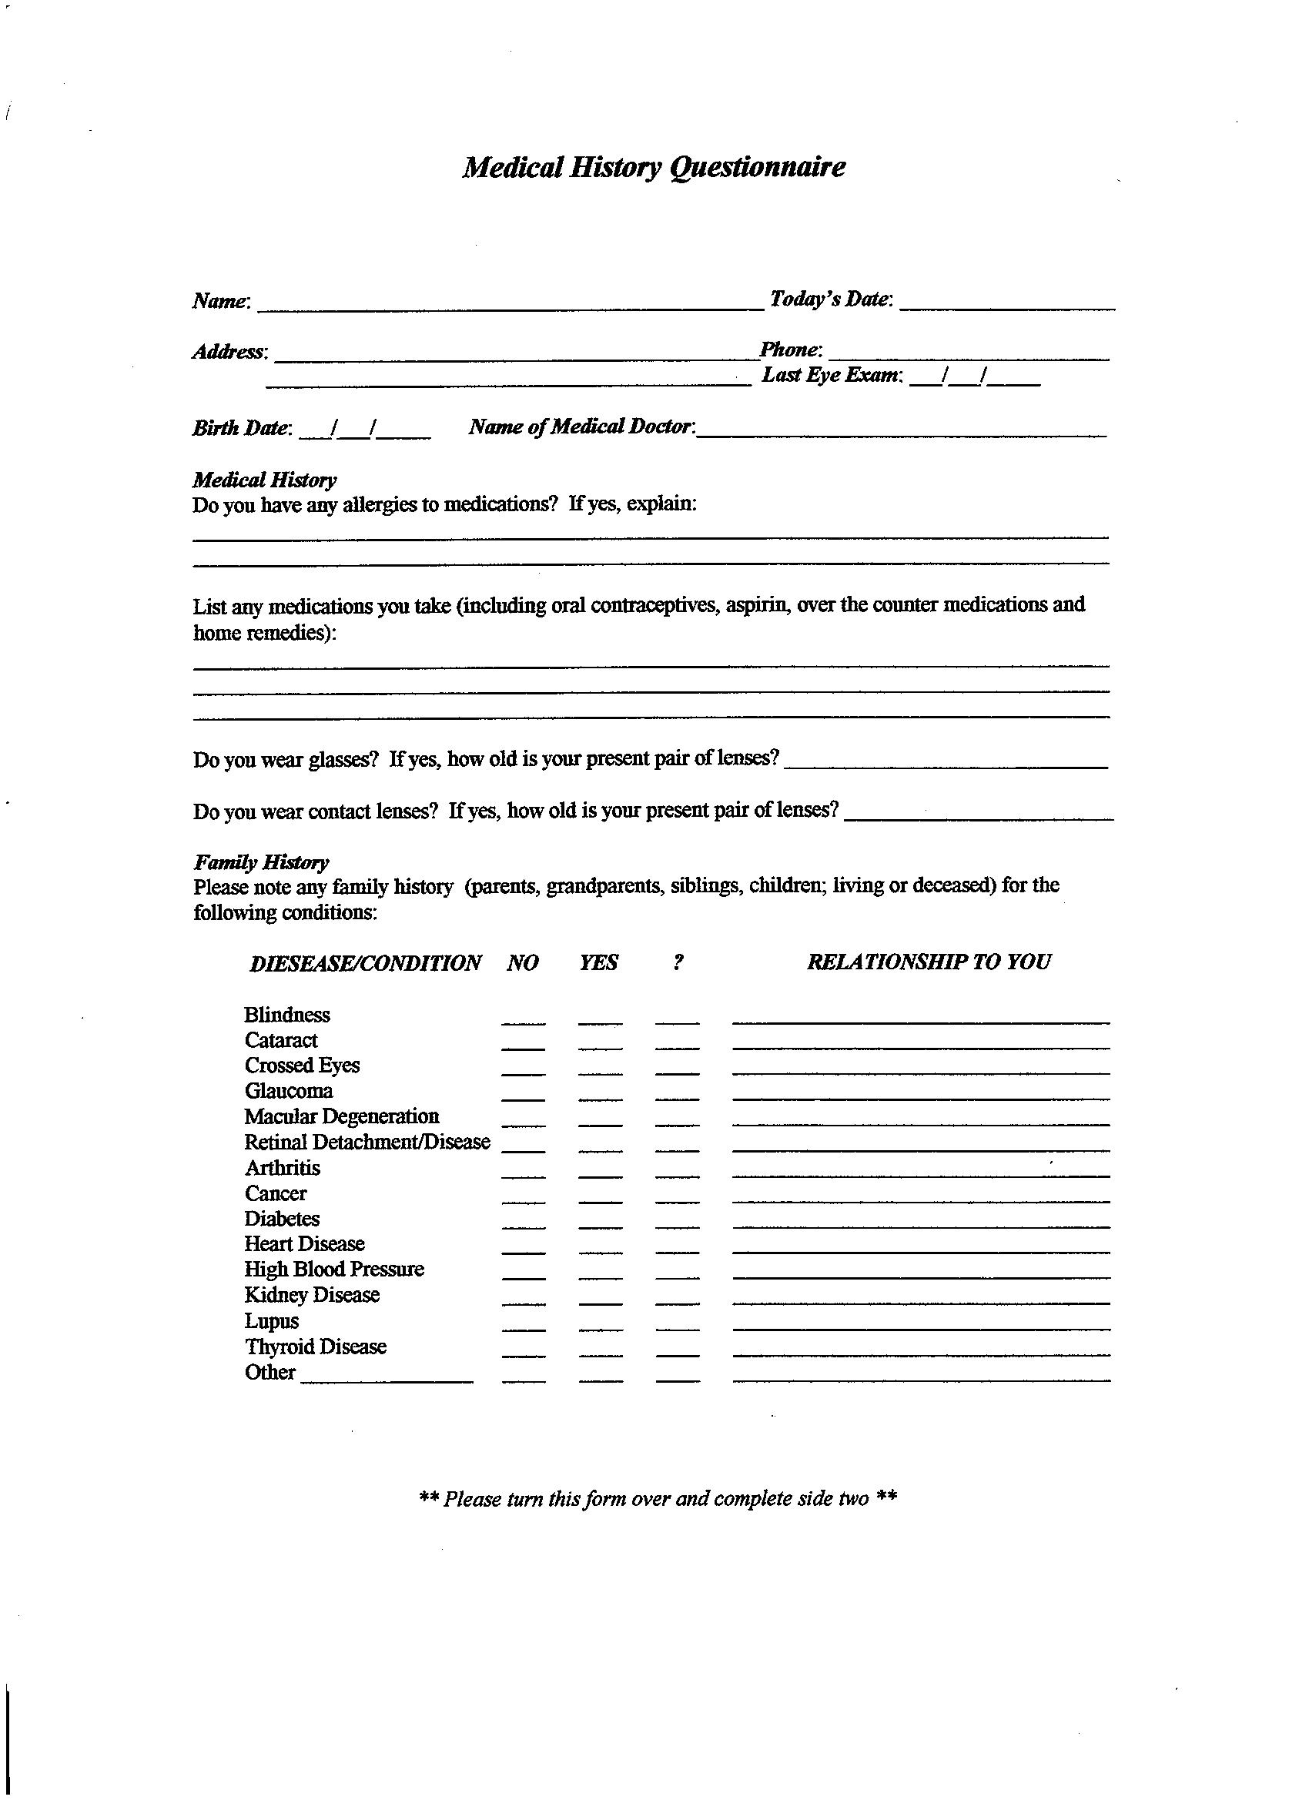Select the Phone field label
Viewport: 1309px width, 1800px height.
click(x=790, y=350)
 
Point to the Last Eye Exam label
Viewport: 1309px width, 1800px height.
click(x=831, y=376)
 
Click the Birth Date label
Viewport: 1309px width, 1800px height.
click(x=241, y=429)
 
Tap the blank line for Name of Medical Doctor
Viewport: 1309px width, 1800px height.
click(x=901, y=432)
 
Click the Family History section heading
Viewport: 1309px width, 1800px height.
click(x=260, y=863)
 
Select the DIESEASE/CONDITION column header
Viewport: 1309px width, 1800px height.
click(x=365, y=963)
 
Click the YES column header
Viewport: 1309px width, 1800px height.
click(x=598, y=962)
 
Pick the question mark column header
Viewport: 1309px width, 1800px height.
click(x=677, y=962)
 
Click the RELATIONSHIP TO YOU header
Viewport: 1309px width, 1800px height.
click(x=929, y=962)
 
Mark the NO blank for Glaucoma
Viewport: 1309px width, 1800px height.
click(x=523, y=1096)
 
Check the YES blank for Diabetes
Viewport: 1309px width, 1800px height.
click(x=600, y=1224)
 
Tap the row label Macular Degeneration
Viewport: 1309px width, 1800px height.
click(x=341, y=1116)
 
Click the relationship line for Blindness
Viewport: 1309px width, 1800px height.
click(x=921, y=1019)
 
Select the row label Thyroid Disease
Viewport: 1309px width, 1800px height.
click(x=315, y=1347)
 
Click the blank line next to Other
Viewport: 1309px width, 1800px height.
click(x=387, y=1379)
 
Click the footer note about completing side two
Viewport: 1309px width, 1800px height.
click(x=658, y=1499)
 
